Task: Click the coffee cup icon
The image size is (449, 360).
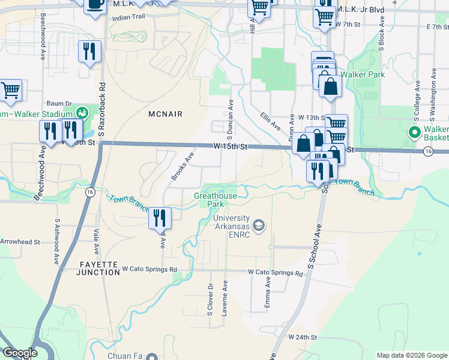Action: tap(94, 4)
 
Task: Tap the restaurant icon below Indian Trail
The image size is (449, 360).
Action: tap(89, 52)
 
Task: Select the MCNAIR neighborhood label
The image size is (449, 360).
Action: tap(165, 113)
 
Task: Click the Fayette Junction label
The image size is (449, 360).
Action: tap(98, 268)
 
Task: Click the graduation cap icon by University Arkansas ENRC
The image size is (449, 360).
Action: tap(259, 226)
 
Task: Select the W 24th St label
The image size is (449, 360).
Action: tap(302, 337)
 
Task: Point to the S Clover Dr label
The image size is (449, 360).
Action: tap(210, 298)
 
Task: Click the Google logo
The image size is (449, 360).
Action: tap(20, 353)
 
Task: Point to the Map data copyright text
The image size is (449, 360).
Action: tap(411, 355)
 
